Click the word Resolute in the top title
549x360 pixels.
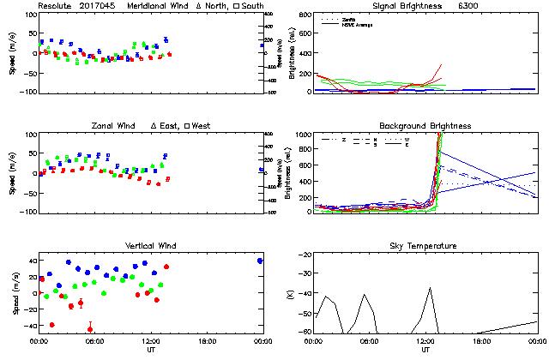[x=53, y=6]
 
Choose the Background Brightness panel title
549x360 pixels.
[x=425, y=126]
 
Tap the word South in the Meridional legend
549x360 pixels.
[x=253, y=6]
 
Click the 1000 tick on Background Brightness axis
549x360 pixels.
[x=304, y=135]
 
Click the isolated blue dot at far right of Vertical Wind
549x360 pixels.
[x=260, y=261]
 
